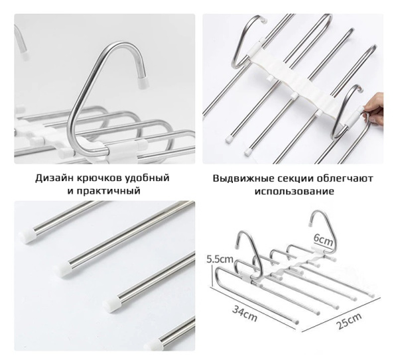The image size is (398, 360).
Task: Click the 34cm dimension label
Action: coord(245,314)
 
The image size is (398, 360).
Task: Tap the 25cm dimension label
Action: coord(350,321)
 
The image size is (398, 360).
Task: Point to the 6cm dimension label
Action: coord(323,239)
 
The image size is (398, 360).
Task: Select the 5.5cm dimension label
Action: coord(220,259)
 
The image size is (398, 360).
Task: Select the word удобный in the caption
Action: coord(148,178)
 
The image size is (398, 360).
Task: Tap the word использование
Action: coord(294,191)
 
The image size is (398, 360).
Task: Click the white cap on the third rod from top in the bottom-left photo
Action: coord(110,304)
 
